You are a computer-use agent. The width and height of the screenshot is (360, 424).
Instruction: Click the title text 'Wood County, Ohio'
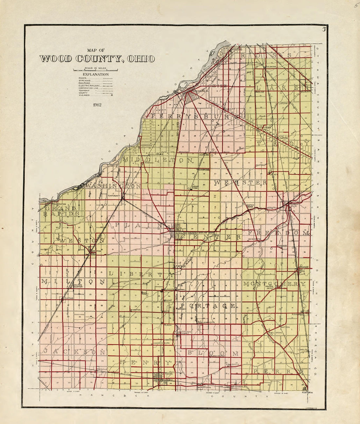[x=97, y=59]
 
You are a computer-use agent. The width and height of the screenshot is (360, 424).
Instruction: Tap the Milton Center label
[x=78, y=286]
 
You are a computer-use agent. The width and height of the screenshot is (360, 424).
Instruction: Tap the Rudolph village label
[x=170, y=290]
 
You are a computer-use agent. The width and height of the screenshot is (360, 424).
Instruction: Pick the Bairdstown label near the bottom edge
[x=204, y=387]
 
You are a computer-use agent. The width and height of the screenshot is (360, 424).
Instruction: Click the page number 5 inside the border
[x=324, y=30]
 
